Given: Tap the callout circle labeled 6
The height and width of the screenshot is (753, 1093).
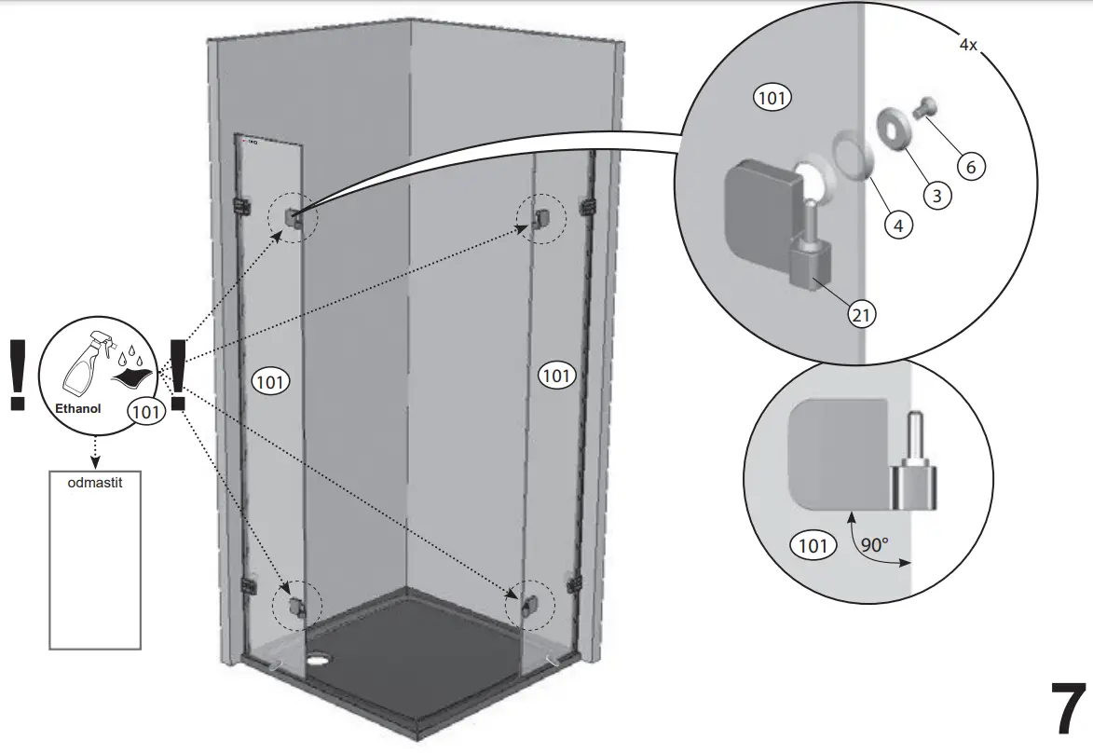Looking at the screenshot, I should click(970, 167).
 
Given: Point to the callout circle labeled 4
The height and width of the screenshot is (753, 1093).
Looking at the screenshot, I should click(898, 224).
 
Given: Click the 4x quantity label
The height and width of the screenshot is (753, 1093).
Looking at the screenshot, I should click(967, 45).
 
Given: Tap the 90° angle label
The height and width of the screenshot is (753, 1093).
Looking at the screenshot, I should click(874, 545).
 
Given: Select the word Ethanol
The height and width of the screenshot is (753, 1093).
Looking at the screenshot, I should click(78, 408).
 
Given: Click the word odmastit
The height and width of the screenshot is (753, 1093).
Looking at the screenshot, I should click(94, 484).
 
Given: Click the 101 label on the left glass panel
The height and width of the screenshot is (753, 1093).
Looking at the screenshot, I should click(271, 380).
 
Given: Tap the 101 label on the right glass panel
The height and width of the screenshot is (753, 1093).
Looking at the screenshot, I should click(556, 376).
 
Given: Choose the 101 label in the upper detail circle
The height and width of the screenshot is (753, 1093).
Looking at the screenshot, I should click(772, 97).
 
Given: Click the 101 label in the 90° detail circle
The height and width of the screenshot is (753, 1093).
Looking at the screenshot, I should click(813, 545).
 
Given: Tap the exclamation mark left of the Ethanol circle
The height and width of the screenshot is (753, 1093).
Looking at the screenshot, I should click(17, 374).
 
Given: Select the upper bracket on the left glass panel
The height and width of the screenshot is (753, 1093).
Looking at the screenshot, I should click(292, 218).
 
